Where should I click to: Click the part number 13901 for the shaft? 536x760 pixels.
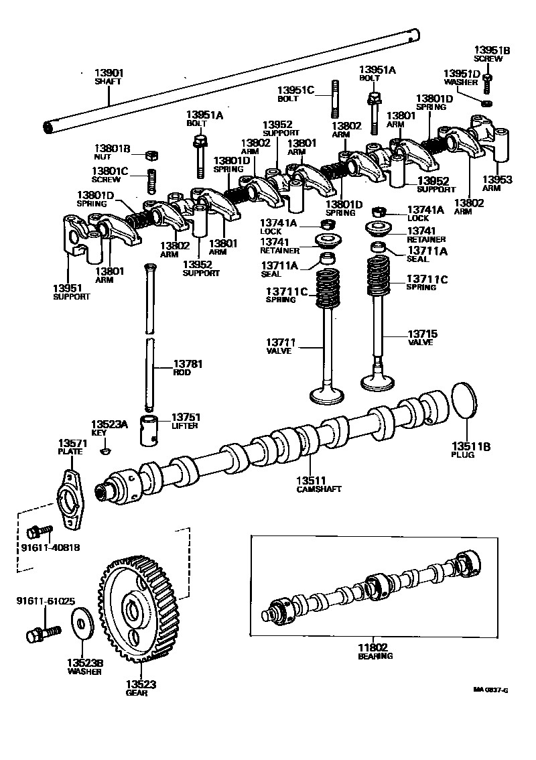click(109, 72)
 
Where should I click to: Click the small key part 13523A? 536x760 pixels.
click(104, 451)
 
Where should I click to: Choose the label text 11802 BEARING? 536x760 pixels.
click(374, 651)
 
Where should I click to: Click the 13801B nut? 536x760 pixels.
click(151, 156)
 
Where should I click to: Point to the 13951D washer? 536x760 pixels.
click(488, 103)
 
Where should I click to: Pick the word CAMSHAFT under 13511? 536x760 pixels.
click(318, 489)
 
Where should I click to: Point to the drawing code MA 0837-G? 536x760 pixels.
click(489, 690)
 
